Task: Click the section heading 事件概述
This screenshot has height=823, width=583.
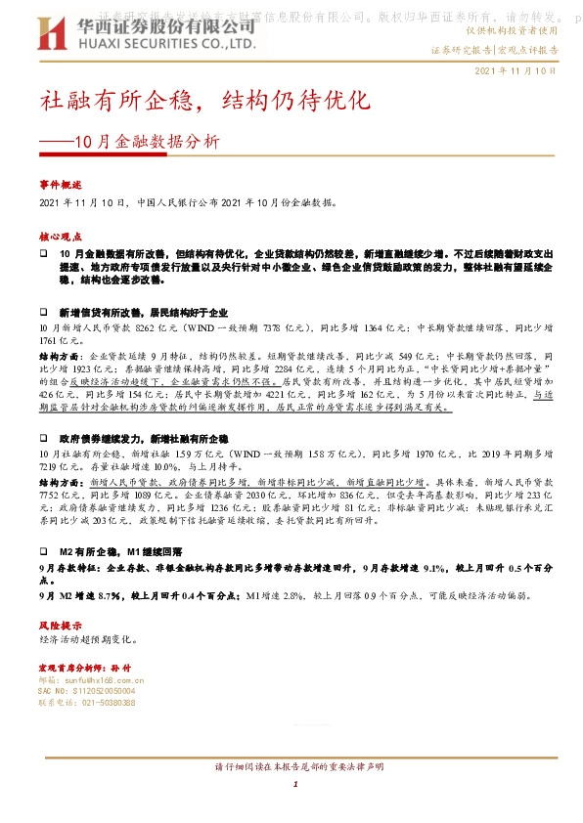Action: (x=60, y=184)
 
